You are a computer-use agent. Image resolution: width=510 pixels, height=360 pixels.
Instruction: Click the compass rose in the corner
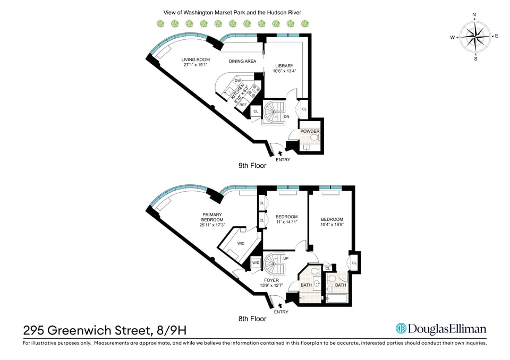[x=475, y=37]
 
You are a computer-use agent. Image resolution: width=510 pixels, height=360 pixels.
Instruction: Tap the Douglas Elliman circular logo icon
[x=401, y=329]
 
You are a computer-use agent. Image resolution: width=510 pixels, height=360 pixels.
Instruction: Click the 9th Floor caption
[x=252, y=166]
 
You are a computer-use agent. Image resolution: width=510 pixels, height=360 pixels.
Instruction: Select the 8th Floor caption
[x=252, y=319]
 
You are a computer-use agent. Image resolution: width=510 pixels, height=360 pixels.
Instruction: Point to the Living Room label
[x=195, y=59]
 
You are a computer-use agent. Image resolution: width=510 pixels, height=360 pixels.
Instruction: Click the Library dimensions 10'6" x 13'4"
[x=284, y=71]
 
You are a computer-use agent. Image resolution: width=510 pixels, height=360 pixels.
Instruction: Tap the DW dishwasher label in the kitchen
[x=238, y=81]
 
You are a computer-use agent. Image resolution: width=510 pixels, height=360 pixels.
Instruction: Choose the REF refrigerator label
[x=243, y=105]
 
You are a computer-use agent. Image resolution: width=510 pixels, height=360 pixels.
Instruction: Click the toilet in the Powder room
[x=314, y=138]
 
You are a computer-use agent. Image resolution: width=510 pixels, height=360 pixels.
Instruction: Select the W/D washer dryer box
[x=256, y=263]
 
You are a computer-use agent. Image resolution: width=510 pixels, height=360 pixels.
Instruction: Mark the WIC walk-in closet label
[x=241, y=243]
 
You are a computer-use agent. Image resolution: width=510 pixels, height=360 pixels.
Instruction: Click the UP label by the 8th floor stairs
[x=286, y=259]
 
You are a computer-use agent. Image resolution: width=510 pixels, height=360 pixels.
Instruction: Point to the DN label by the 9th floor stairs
[x=286, y=116]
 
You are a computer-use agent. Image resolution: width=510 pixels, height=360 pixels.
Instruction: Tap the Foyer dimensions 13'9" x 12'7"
[x=271, y=285]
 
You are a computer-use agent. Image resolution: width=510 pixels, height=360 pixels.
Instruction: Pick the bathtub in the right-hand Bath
[x=337, y=298]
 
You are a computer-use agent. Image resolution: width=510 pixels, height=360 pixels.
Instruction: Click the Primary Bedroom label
[x=212, y=217]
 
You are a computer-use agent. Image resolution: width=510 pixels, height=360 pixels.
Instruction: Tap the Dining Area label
[x=242, y=61]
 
